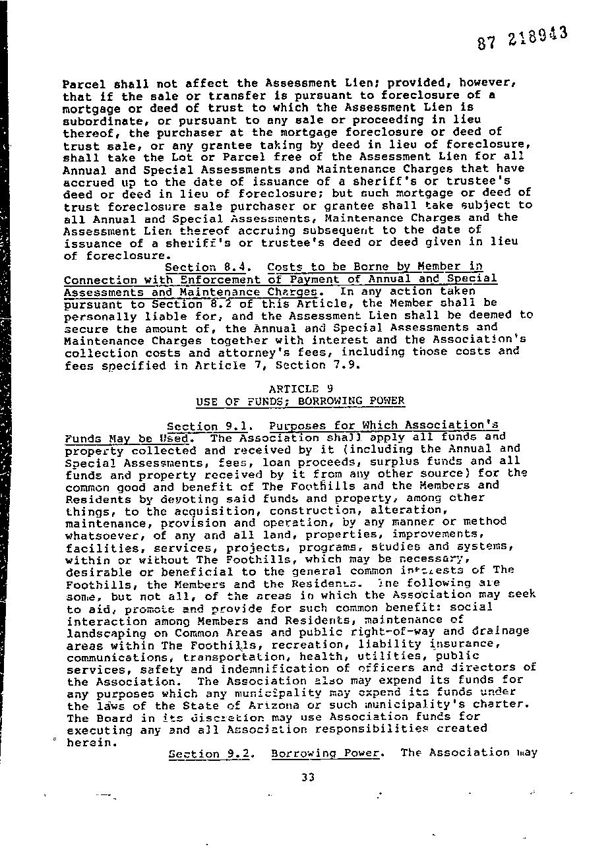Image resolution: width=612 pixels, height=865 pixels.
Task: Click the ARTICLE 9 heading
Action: click(295, 388)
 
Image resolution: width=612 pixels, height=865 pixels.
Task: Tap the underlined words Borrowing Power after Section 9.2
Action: click(326, 753)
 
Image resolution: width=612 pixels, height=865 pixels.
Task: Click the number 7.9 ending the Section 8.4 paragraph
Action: click(346, 365)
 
